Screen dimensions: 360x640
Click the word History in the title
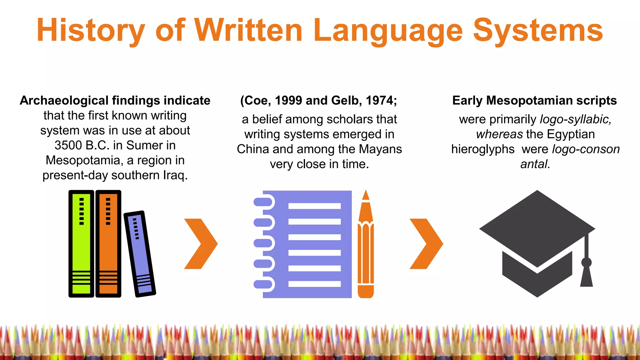click(x=91, y=31)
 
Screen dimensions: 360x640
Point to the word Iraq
click(x=175, y=175)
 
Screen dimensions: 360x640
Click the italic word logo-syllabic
click(x=576, y=119)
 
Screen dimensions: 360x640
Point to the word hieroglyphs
click(x=483, y=149)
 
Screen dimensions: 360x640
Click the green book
click(x=81, y=244)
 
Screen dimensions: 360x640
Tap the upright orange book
click(x=108, y=244)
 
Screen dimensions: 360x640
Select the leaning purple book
click(x=140, y=254)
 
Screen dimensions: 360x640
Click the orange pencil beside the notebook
click(x=366, y=247)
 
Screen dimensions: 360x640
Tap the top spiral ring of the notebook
click(x=264, y=202)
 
